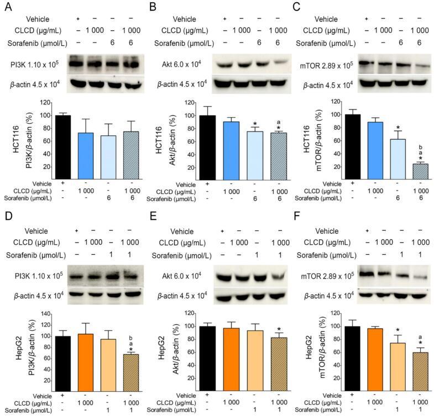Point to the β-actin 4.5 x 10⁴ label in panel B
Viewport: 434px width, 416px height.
tap(180, 85)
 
